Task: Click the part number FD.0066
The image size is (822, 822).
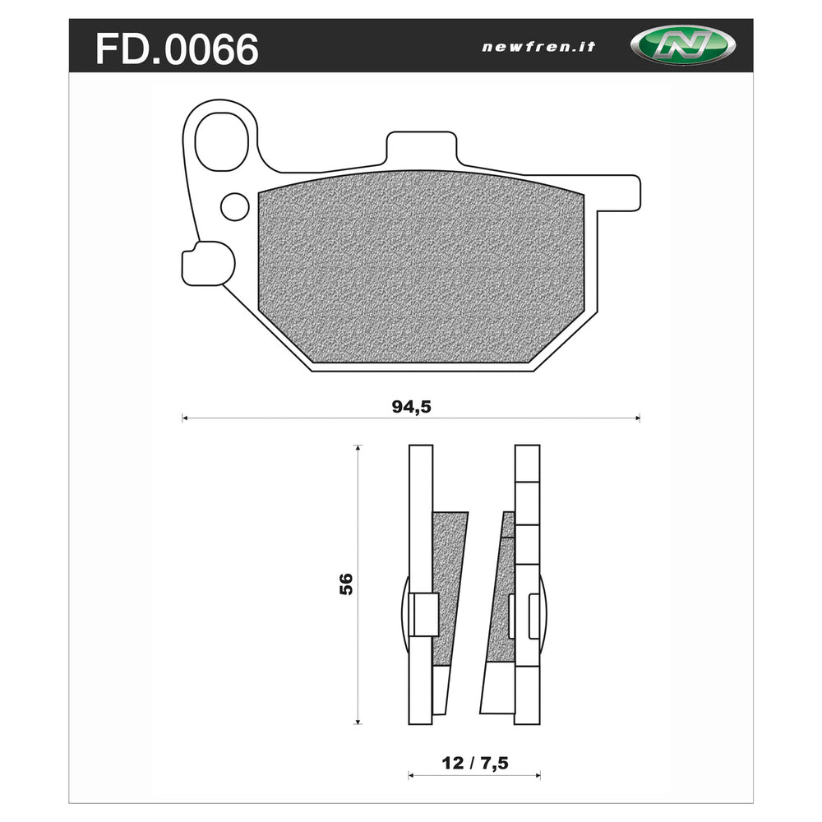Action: pyautogui.click(x=177, y=48)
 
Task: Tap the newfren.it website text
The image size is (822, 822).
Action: pyautogui.click(x=538, y=47)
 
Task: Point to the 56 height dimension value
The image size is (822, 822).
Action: pyautogui.click(x=345, y=584)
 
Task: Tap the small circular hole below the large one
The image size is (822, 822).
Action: pyautogui.click(x=236, y=205)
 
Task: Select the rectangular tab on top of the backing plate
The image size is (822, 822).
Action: pyautogui.click(x=420, y=148)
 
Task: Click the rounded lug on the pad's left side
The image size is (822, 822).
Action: pyautogui.click(x=207, y=263)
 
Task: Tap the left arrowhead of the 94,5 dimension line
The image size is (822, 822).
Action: pyautogui.click(x=184, y=419)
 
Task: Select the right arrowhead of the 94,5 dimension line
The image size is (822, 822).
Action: pyautogui.click(x=637, y=419)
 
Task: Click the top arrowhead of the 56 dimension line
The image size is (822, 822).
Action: pyautogui.click(x=358, y=448)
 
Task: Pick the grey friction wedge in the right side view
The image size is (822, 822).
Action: pyautogui.click(x=502, y=592)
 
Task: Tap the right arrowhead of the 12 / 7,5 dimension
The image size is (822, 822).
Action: pyautogui.click(x=538, y=774)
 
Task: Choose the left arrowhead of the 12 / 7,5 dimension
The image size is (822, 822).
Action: pyautogui.click(x=411, y=774)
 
